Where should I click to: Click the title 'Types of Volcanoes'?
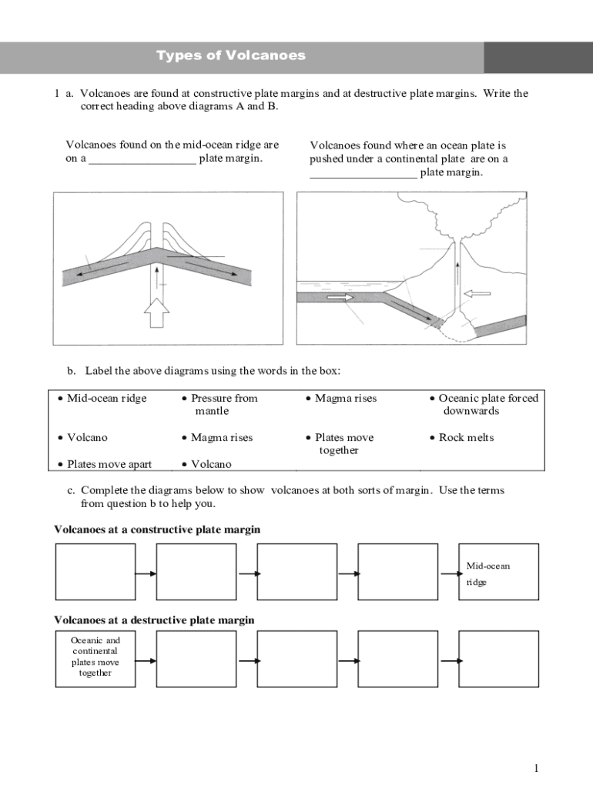[x=231, y=55]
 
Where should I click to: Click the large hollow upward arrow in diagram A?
[x=157, y=311]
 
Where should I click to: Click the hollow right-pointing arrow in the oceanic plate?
[x=340, y=297]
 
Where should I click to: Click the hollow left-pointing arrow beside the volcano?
[x=478, y=293]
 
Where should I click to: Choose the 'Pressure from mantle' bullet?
[x=223, y=404]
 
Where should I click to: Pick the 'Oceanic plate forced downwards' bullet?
[x=487, y=404]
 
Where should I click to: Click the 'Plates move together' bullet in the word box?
[x=343, y=443]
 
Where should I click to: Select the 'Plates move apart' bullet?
[x=109, y=464]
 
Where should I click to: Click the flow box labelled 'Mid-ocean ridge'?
[x=498, y=572]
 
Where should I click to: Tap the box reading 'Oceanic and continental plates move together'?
[x=95, y=658]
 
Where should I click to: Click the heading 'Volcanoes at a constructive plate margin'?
[x=157, y=529]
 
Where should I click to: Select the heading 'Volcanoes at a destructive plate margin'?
[x=154, y=619]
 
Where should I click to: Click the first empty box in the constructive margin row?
[x=95, y=572]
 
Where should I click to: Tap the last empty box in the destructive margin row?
[x=498, y=658]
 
